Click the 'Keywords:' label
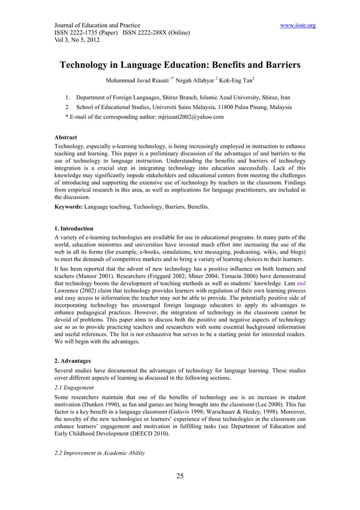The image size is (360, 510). tap(64, 207)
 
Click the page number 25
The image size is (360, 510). tap(179, 476)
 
